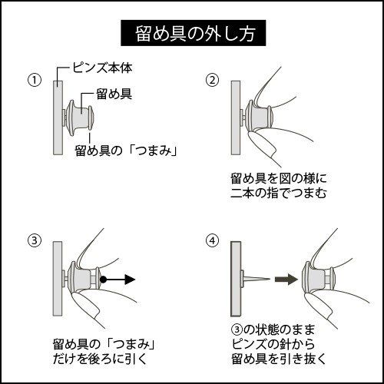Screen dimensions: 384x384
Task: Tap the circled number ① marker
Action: (x=35, y=80)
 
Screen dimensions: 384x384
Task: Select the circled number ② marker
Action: (x=213, y=80)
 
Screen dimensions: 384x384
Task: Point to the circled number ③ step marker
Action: (x=35, y=241)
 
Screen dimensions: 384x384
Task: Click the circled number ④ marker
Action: (x=213, y=241)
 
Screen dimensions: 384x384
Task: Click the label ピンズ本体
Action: (x=102, y=68)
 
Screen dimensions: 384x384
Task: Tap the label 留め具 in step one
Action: (x=114, y=94)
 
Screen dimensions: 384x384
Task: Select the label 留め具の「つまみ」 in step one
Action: (x=126, y=151)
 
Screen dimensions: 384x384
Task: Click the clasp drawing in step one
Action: (x=79, y=118)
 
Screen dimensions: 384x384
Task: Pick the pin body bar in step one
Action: (x=58, y=118)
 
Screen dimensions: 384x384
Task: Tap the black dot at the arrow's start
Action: (x=103, y=280)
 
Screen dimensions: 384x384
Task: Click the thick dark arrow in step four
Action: (x=286, y=280)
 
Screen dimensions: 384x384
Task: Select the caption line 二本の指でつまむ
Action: (x=279, y=193)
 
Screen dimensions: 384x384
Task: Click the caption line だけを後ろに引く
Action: (x=101, y=359)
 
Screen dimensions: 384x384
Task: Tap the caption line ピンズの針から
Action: (x=273, y=344)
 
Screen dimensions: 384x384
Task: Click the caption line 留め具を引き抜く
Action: (x=279, y=359)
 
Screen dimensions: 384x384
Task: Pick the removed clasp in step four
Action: (x=318, y=279)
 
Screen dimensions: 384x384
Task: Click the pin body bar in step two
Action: (x=236, y=118)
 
